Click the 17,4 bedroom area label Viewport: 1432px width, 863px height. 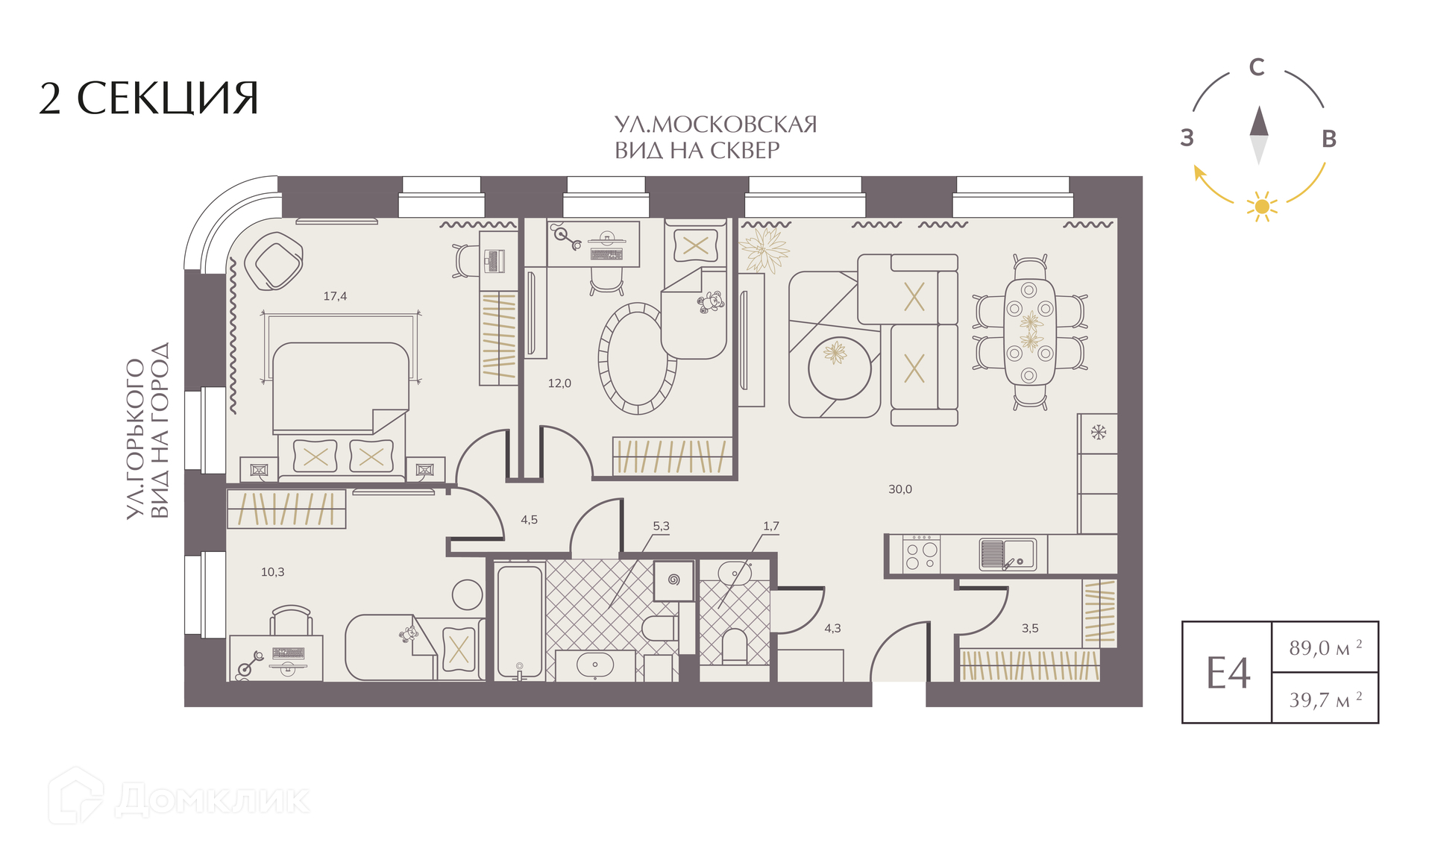pos(335,296)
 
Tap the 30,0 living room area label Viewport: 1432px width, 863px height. pos(899,489)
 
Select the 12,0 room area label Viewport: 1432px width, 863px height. pos(559,383)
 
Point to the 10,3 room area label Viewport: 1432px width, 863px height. pos(272,572)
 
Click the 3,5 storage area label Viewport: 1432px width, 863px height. pos(1030,628)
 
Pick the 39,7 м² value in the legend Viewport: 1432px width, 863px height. pos(1325,699)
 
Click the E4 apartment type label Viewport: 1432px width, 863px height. pos(1228,674)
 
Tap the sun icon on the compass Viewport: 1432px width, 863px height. pos(1262,206)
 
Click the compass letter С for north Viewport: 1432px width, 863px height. pos(1257,67)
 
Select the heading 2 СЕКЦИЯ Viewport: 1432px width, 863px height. pos(148,98)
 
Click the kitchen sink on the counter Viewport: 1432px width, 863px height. pos(1008,554)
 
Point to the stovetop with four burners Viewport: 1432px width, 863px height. pos(921,554)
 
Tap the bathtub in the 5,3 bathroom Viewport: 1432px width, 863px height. pos(520,622)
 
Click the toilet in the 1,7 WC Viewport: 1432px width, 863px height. pos(735,646)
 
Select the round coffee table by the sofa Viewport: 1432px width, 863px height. pos(839,368)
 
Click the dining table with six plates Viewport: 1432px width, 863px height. pos(1029,331)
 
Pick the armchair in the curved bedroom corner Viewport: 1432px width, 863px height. pos(274,261)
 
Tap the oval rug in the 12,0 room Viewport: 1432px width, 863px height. pos(637,358)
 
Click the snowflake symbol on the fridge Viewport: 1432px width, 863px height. pos(1098,432)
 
